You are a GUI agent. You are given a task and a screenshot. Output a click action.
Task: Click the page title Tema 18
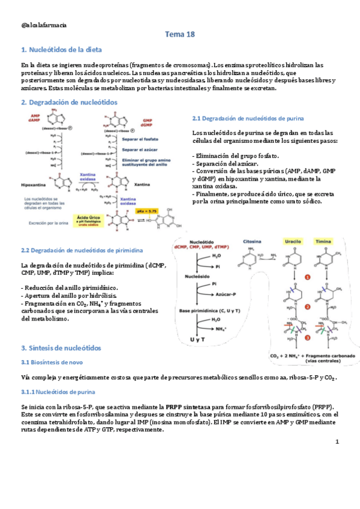(180, 35)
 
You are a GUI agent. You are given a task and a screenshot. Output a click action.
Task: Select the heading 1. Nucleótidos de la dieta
(61, 49)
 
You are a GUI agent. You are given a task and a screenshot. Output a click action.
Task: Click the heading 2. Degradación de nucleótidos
(69, 102)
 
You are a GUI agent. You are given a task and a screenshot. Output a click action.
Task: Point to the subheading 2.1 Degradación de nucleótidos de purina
(247, 118)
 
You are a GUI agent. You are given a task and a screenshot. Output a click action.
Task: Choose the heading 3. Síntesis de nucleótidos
(61, 348)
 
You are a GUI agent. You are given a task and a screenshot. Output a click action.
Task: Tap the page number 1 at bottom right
(337, 442)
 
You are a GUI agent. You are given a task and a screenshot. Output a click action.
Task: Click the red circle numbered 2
(307, 307)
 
